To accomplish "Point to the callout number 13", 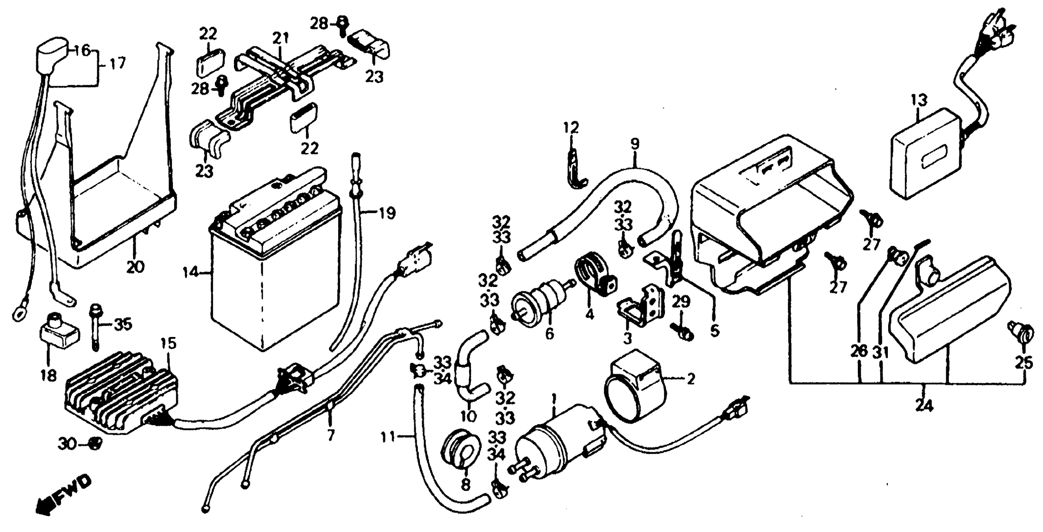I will pos(919,100).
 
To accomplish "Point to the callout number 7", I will pos(331,435).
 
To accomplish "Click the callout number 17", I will pos(117,64).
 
